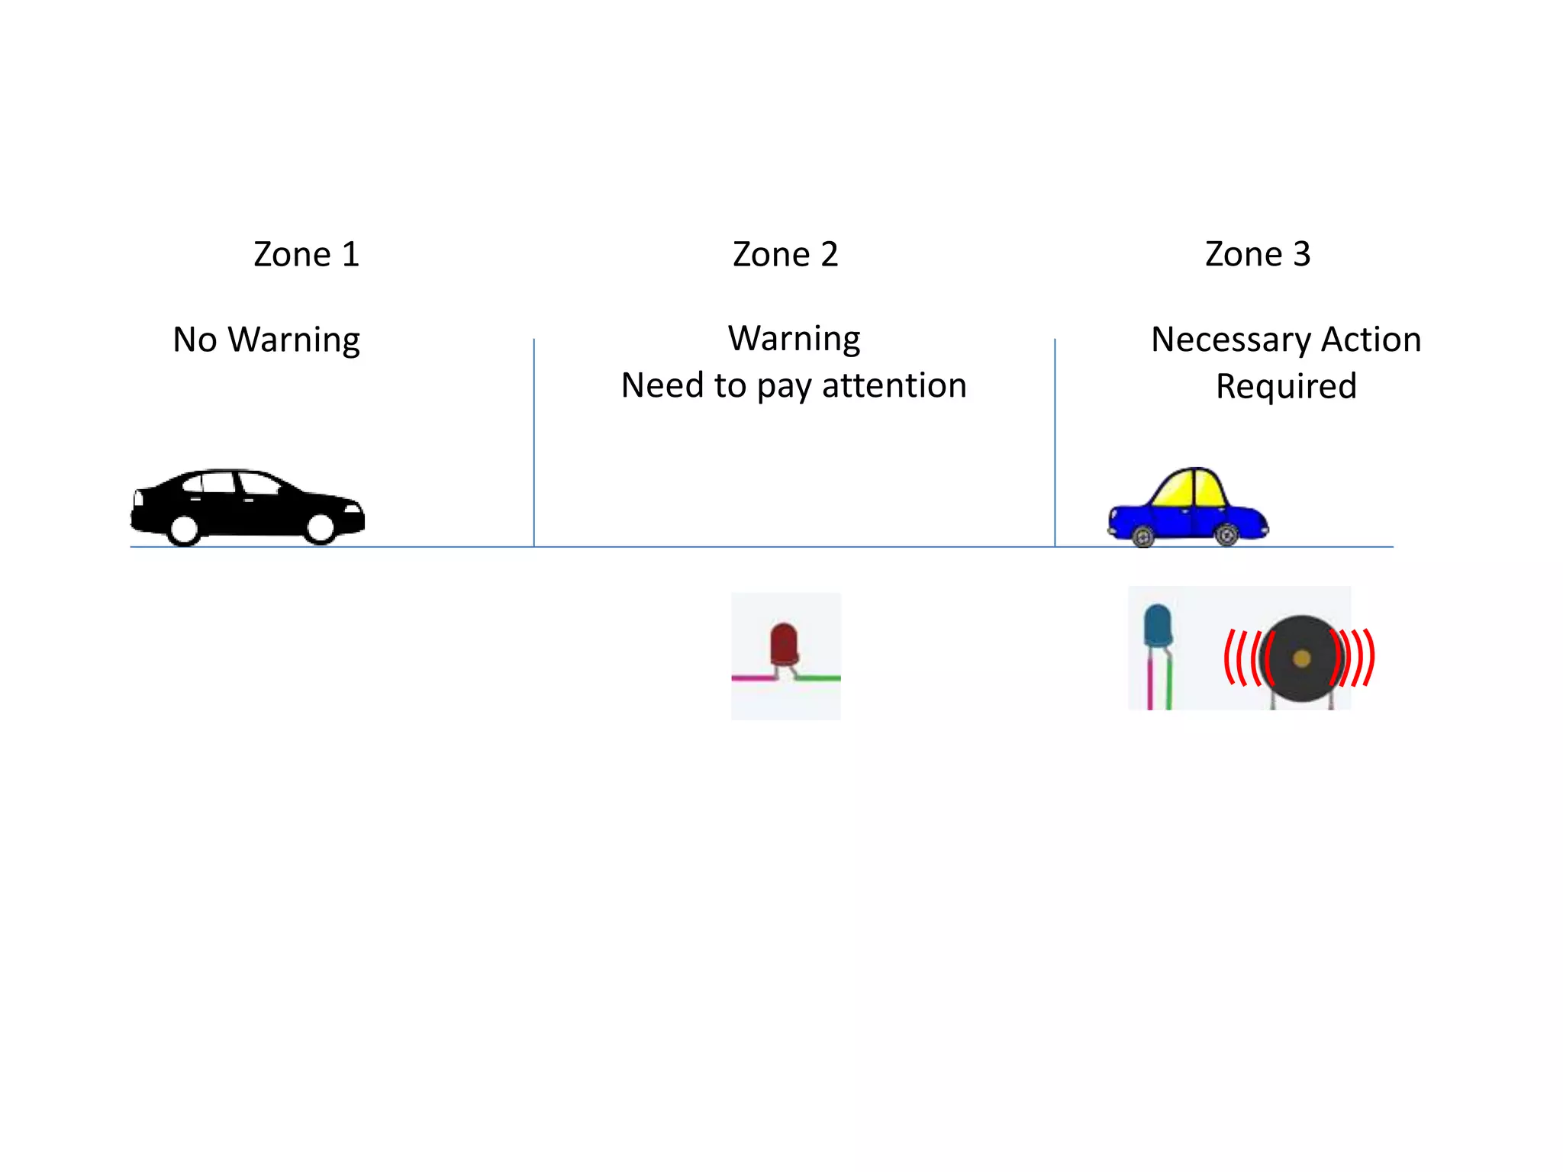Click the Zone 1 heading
pos(306,254)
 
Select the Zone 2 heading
pos(785,254)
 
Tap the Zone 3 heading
pos(1258,254)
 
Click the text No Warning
pos(266,340)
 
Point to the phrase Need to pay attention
pos(794,386)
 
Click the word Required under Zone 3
pos(1286,387)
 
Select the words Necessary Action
pos(1286,340)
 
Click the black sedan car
pos(244,507)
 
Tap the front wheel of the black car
pos(320,527)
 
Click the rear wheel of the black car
pos(184,529)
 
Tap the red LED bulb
pos(784,643)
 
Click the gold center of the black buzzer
pos(1302,658)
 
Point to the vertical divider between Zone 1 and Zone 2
pos(534,443)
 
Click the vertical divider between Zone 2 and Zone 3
pos(1055,443)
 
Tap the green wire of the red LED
pos(820,678)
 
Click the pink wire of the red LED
pos(752,678)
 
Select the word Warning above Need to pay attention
pos(794,338)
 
